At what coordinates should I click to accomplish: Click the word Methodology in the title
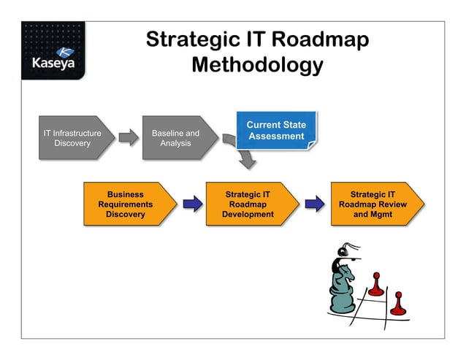pos(256,65)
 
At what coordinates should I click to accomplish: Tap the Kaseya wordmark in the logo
pos(53,64)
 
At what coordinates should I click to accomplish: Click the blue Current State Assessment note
pos(276,131)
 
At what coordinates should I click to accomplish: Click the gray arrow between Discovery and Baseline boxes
pos(128,138)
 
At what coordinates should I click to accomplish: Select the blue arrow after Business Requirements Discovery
pos(193,204)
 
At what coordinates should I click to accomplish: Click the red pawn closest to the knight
pos(375,285)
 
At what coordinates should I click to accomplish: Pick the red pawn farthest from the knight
pos(397,304)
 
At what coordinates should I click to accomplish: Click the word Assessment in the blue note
pos(276,137)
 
